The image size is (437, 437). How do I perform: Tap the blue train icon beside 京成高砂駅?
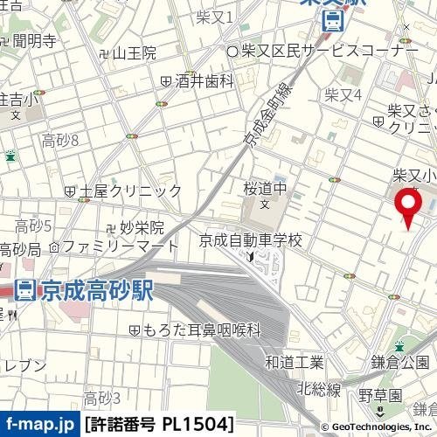[x=25, y=289]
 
